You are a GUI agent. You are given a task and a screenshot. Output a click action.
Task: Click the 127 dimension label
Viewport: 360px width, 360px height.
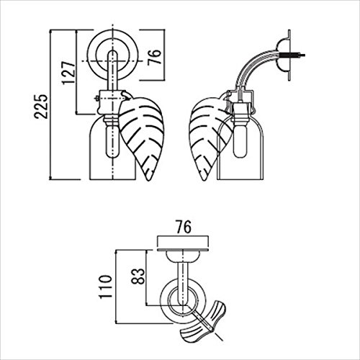[68, 73]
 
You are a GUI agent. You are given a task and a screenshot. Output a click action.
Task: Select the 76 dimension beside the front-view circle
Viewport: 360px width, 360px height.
[154, 57]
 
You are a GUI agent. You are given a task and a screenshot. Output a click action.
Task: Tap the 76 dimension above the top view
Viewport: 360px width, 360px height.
[184, 227]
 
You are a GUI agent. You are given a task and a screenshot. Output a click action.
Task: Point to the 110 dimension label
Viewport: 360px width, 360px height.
[106, 287]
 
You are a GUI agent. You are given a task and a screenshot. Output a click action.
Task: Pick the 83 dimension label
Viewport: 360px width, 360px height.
[138, 276]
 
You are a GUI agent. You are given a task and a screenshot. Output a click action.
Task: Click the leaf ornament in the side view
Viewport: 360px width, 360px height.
[210, 138]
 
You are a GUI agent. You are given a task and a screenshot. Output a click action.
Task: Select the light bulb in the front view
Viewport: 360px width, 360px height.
[112, 142]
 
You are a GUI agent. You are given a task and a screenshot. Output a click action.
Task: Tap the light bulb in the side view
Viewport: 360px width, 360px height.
[240, 142]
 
